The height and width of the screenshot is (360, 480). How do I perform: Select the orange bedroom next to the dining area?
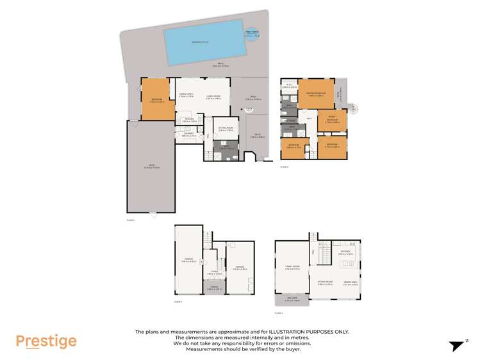pyautogui.click(x=158, y=99)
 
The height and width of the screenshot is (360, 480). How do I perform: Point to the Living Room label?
pyautogui.click(x=213, y=97)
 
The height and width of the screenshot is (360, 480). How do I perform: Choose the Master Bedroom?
pyautogui.click(x=317, y=94)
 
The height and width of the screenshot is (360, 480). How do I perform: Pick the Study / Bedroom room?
pyautogui.click(x=333, y=120)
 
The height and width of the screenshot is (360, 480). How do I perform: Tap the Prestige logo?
pyautogui.click(x=46, y=341)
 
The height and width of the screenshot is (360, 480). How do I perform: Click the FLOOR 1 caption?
pyautogui.click(x=178, y=302)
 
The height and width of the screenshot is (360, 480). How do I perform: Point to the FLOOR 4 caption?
pyautogui.click(x=285, y=167)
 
